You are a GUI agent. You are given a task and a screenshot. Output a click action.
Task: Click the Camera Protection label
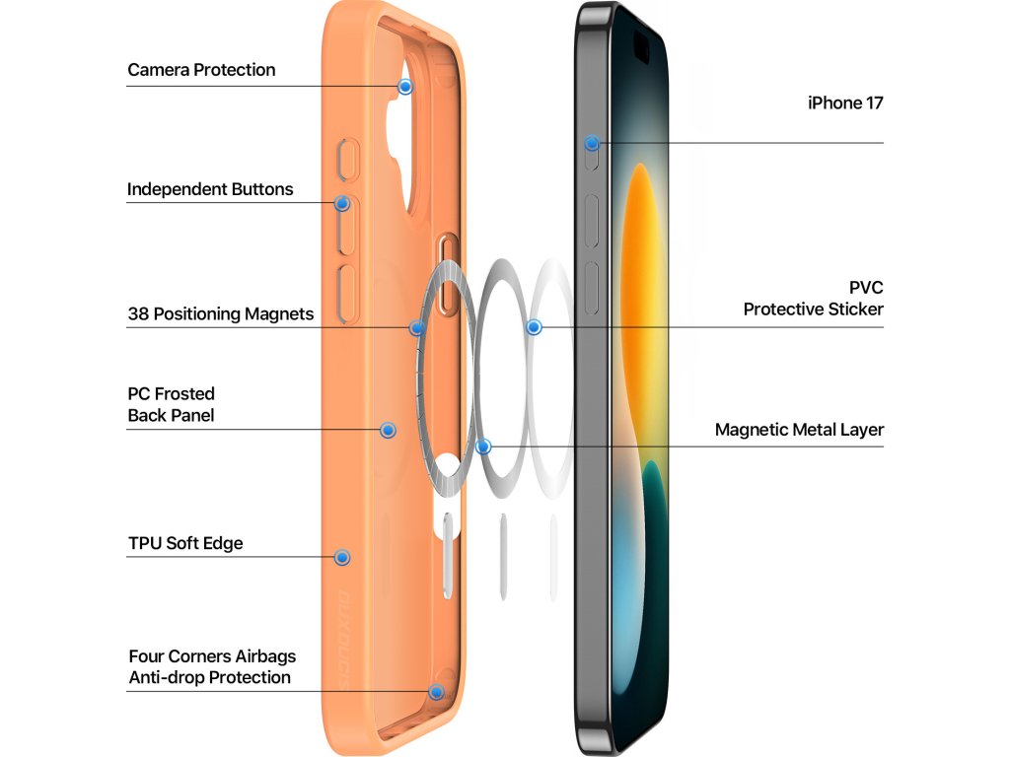(x=201, y=70)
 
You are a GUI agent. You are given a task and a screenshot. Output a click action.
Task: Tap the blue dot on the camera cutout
(x=405, y=87)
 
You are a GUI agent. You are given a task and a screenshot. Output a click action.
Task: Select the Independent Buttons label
(x=210, y=189)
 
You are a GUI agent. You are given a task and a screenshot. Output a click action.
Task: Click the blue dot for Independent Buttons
(x=342, y=204)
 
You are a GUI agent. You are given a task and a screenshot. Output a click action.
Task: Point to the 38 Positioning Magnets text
(x=220, y=314)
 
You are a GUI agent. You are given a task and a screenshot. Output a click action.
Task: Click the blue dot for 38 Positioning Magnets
(x=417, y=327)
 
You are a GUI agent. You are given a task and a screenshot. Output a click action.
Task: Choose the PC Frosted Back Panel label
(x=171, y=404)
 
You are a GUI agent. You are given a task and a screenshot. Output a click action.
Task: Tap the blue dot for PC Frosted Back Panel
(x=388, y=430)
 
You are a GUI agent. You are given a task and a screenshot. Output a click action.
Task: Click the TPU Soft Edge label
(x=185, y=543)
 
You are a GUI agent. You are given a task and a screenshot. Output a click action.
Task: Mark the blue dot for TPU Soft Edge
(x=342, y=557)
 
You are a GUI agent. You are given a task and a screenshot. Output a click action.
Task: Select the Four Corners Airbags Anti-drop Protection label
(x=211, y=666)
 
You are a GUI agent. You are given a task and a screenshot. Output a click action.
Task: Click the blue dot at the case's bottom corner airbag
(x=436, y=691)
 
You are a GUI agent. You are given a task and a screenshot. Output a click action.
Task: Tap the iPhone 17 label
(x=845, y=103)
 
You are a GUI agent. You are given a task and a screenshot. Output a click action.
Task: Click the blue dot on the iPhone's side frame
(x=592, y=143)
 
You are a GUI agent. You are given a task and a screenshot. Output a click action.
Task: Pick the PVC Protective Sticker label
(x=814, y=298)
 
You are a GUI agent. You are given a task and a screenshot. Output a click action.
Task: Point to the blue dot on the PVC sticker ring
(x=534, y=326)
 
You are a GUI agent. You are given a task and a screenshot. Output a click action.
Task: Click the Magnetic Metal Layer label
(x=799, y=430)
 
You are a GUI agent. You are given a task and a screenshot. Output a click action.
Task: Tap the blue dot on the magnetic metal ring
(x=483, y=447)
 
